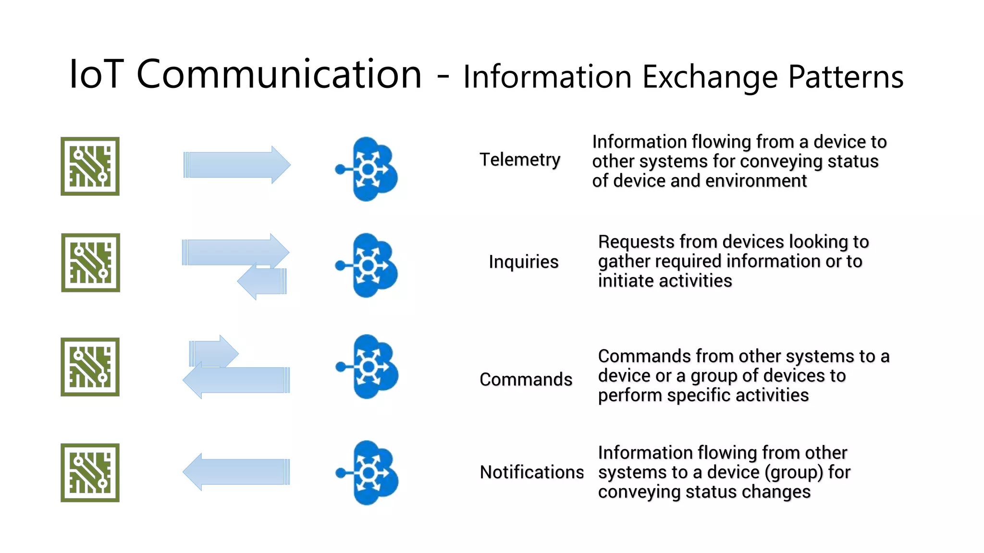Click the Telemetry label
(520, 160)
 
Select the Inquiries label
(523, 262)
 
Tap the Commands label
(526, 380)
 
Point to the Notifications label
(531, 472)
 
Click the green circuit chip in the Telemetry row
(90, 166)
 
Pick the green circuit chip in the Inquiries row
(90, 263)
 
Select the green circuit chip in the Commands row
(90, 367)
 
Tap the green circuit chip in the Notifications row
(90, 472)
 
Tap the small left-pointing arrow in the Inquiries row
(263, 282)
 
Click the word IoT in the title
(96, 74)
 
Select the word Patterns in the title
(846, 77)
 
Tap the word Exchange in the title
(710, 77)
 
